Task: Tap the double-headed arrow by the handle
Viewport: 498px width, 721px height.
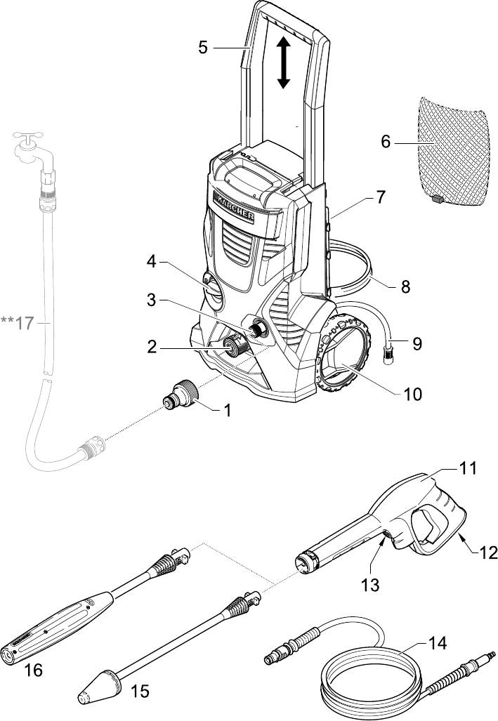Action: click(x=283, y=62)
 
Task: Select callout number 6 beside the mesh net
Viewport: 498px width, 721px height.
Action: click(x=386, y=142)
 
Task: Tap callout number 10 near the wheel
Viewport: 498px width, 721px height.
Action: click(x=412, y=394)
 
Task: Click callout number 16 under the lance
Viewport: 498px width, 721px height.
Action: click(x=32, y=670)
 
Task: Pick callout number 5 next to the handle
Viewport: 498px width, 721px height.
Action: click(x=203, y=47)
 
